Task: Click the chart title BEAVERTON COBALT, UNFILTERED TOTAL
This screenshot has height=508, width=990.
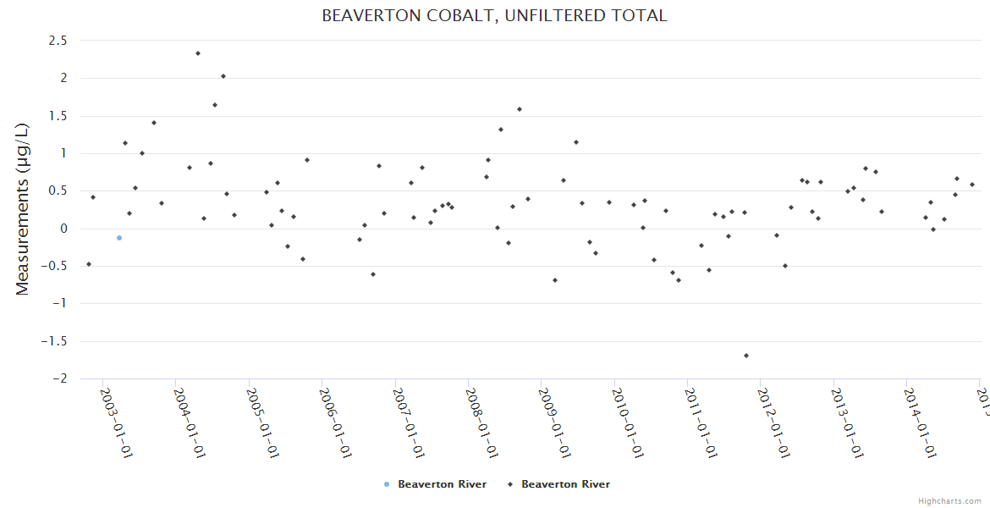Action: click(x=494, y=15)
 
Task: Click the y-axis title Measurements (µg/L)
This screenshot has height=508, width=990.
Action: click(x=23, y=209)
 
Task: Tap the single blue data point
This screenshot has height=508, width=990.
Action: click(x=119, y=238)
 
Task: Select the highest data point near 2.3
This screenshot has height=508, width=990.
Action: click(x=198, y=53)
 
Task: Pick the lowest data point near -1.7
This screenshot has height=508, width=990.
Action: click(x=746, y=356)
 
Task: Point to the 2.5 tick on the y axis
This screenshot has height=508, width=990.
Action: click(x=58, y=40)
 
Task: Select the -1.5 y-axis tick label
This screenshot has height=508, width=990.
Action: click(x=55, y=341)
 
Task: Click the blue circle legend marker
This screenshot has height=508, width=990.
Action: click(x=387, y=484)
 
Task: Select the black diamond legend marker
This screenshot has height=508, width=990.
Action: click(x=510, y=484)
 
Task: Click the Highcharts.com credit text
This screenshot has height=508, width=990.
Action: click(x=949, y=501)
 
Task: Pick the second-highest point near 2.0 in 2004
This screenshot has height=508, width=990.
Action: click(x=223, y=76)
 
